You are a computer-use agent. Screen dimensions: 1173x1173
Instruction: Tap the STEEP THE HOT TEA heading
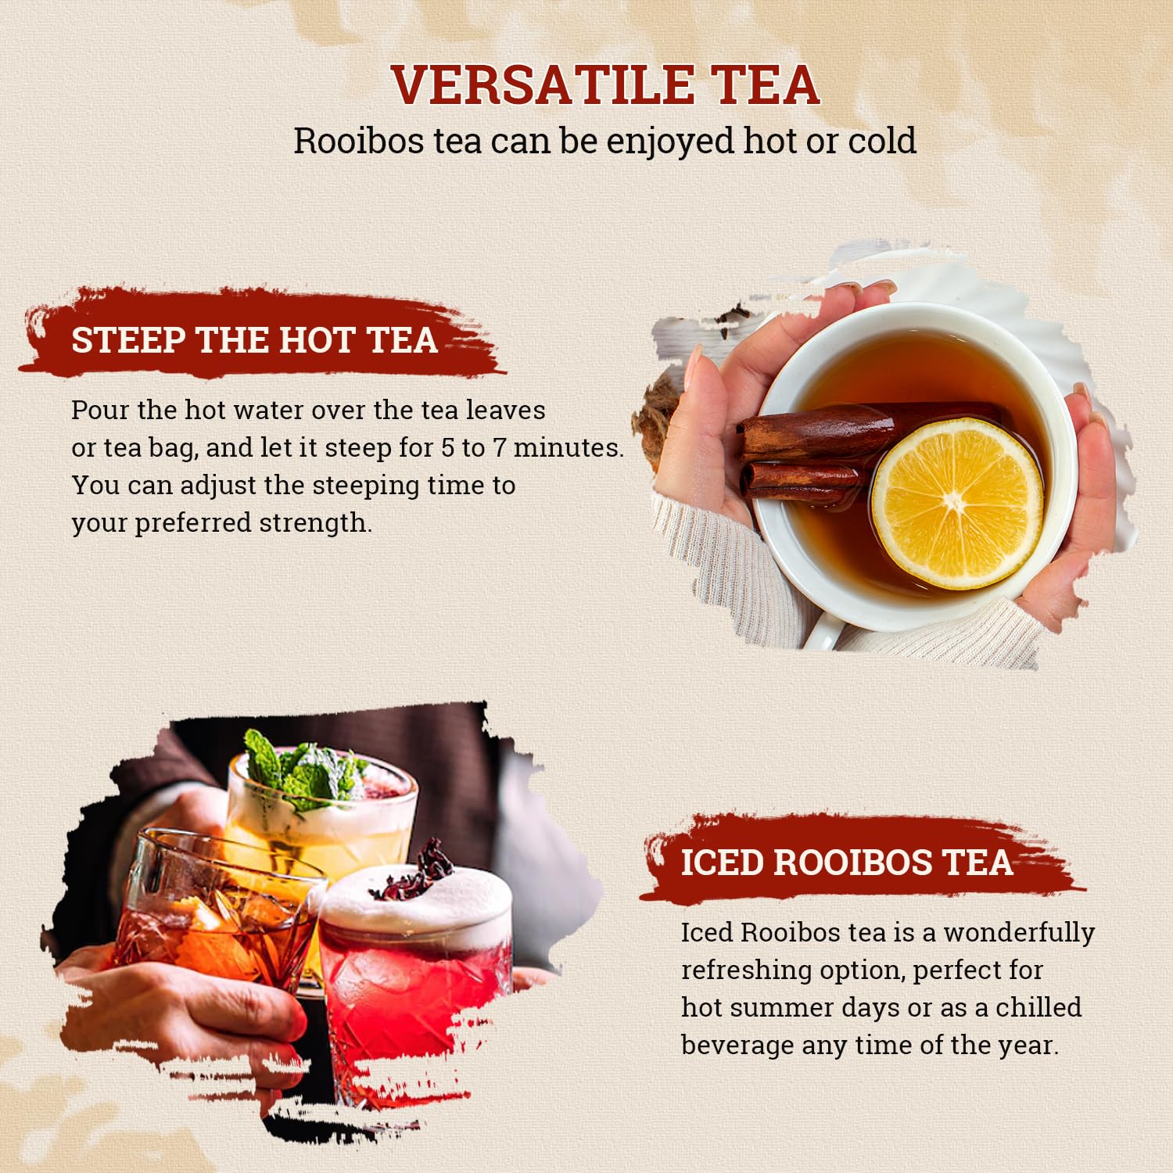(254, 340)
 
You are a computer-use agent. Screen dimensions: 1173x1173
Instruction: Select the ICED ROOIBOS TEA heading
(846, 863)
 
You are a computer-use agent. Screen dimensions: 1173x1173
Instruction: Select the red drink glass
(414, 993)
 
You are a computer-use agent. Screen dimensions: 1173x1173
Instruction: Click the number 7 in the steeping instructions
(499, 448)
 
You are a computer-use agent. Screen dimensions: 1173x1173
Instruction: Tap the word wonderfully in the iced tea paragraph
(1018, 933)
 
